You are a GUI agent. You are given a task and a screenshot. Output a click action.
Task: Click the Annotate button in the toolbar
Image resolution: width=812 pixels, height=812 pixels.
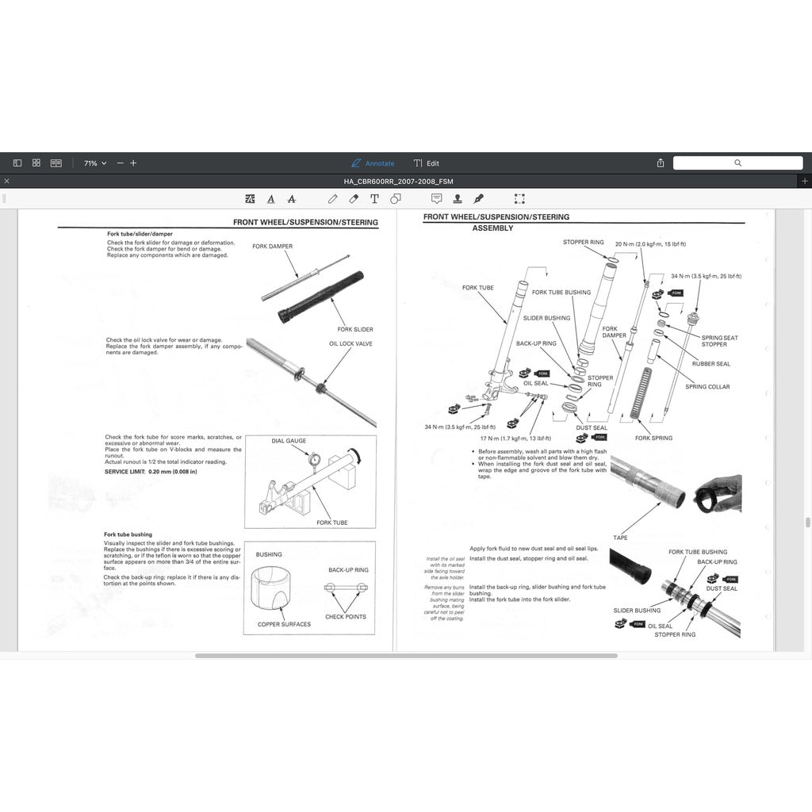click(x=373, y=163)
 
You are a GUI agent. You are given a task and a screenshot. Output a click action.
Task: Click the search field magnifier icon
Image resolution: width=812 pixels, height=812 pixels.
click(x=737, y=163)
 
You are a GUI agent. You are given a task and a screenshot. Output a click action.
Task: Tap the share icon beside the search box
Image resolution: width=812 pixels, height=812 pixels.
click(x=660, y=163)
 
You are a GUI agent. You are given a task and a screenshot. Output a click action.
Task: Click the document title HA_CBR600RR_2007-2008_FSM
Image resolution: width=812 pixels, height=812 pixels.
click(x=398, y=182)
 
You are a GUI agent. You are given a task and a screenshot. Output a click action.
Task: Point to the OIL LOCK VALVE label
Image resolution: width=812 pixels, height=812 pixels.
click(x=350, y=344)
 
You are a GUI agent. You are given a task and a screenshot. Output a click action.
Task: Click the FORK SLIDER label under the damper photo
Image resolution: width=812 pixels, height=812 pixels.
click(x=354, y=329)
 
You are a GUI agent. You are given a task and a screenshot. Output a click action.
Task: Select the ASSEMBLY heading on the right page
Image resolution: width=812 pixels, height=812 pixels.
click(x=492, y=228)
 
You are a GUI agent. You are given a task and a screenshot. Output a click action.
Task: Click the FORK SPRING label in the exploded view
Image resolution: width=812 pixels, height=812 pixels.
click(x=653, y=438)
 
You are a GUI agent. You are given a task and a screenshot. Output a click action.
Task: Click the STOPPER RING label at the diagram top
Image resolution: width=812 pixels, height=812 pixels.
click(x=583, y=242)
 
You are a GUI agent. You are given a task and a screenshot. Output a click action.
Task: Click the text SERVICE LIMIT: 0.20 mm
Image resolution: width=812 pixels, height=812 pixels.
click(x=151, y=472)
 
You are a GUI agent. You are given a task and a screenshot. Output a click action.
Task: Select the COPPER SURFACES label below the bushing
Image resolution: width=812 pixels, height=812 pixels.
click(x=284, y=624)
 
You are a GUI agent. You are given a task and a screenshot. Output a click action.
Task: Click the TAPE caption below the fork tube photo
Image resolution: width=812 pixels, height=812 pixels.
click(x=620, y=538)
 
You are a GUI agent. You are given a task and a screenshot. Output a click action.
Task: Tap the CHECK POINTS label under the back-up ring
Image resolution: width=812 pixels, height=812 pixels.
click(x=346, y=616)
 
